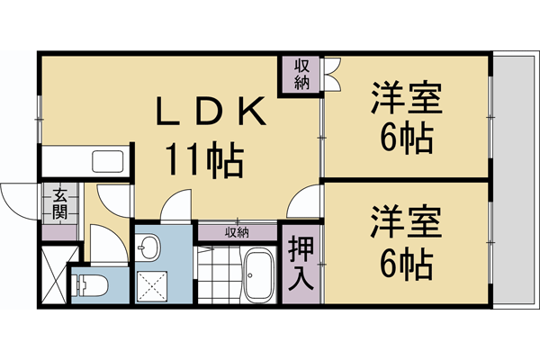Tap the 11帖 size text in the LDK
[x=202, y=160]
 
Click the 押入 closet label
[x=301, y=261]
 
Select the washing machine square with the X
[x=150, y=287]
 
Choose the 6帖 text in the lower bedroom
[x=405, y=263]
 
